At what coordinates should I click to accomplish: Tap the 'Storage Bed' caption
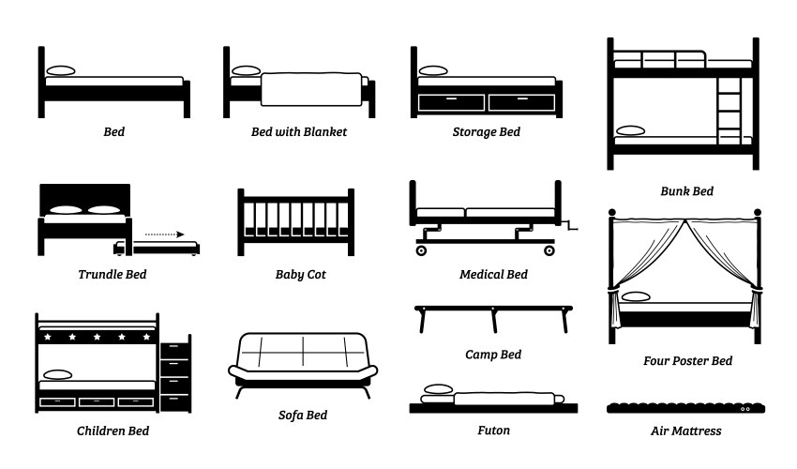click(486, 132)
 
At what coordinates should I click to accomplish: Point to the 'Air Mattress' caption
click(685, 431)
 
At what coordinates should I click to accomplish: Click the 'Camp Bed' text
click(492, 355)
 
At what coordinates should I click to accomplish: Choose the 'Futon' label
click(492, 431)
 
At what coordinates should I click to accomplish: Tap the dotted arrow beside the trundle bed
click(167, 234)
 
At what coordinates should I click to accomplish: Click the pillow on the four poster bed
click(637, 297)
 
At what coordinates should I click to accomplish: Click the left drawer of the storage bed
click(452, 100)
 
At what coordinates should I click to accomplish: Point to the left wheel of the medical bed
click(422, 250)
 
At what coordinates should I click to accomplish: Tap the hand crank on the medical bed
click(572, 225)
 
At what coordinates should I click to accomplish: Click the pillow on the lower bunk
click(628, 131)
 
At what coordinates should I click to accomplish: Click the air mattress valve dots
click(746, 410)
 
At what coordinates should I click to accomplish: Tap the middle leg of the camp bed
click(493, 321)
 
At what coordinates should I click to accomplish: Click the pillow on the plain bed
click(61, 71)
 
